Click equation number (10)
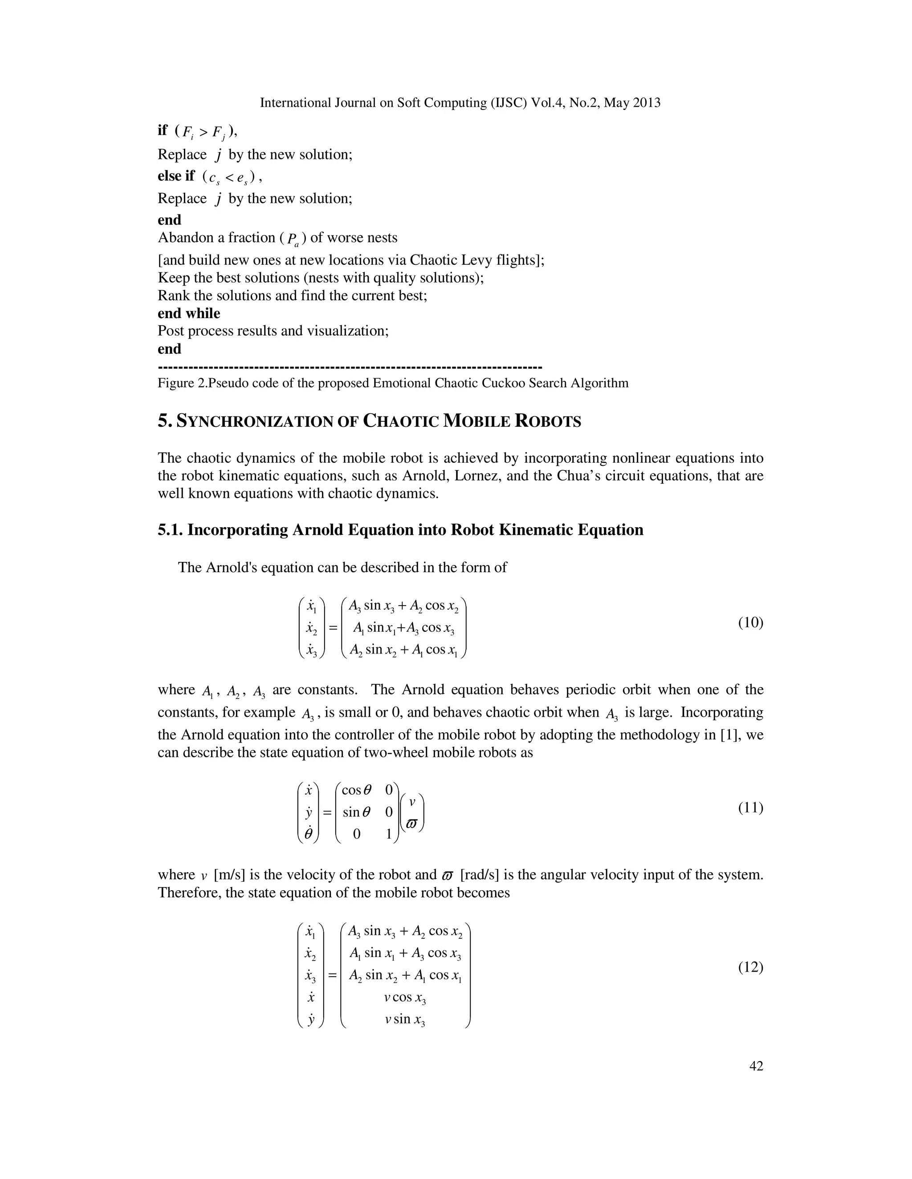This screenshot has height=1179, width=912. pos(750,622)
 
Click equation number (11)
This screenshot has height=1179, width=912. pos(750,808)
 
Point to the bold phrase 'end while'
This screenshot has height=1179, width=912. pos(188,313)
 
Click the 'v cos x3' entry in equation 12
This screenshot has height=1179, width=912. pos(405,997)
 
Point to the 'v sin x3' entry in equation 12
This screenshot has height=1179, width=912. pos(405,1019)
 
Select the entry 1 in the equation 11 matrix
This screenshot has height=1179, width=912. pos(388,834)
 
